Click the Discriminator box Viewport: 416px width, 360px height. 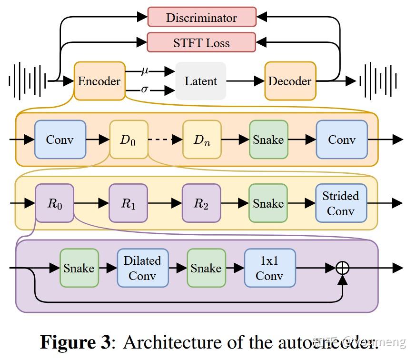(x=202, y=17)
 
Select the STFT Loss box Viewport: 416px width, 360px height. (x=202, y=42)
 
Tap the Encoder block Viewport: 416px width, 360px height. (x=99, y=81)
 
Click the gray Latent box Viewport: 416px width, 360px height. (x=200, y=81)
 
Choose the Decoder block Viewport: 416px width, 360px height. (x=290, y=81)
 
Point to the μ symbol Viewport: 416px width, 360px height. (x=145, y=71)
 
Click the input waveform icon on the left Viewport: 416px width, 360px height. (x=27, y=81)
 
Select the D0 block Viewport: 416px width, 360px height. (x=129, y=140)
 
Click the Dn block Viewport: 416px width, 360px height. (x=202, y=140)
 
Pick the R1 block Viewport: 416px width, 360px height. (x=128, y=203)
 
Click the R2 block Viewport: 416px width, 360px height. (x=201, y=203)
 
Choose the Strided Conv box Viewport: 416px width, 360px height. (x=341, y=203)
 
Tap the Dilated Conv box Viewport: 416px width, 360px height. (x=142, y=268)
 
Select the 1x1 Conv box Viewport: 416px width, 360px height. (x=270, y=268)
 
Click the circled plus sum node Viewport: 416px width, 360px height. (x=343, y=268)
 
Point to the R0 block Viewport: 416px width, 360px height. (x=55, y=203)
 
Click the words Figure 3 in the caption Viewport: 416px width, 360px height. (x=75, y=342)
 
